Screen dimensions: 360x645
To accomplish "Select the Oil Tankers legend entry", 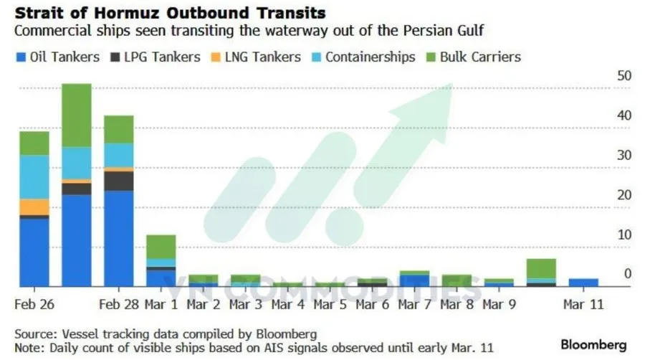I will (59, 57).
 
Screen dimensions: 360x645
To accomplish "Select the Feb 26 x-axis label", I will (34, 304).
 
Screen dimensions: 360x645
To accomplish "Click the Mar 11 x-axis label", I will (582, 304).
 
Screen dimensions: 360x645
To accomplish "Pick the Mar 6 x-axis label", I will (371, 304).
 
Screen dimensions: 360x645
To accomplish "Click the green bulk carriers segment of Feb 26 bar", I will (34, 143).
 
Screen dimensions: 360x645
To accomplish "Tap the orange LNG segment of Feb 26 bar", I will (34, 207).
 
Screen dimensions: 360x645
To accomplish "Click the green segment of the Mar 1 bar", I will (161, 246).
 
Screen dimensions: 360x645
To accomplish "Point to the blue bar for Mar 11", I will (583, 283).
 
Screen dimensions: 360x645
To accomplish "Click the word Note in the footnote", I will (28, 348).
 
